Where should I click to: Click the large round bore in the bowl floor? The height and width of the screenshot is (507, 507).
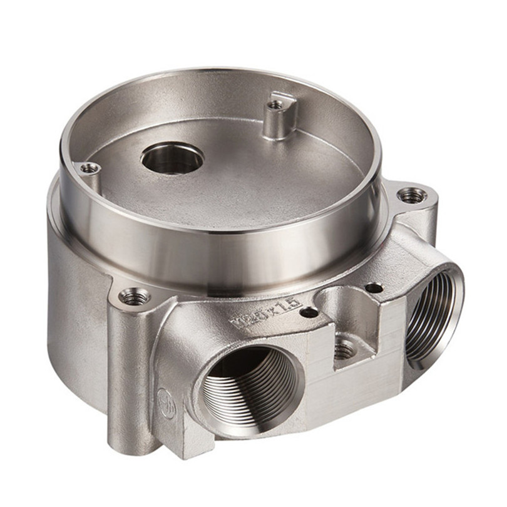(x=172, y=158)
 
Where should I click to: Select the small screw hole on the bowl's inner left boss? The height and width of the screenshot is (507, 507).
(x=90, y=168)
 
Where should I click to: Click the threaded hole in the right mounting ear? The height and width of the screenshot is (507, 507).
(x=412, y=196)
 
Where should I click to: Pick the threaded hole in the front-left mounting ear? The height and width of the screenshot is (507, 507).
(x=135, y=297)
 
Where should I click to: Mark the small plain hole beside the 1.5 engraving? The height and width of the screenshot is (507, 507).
(x=309, y=312)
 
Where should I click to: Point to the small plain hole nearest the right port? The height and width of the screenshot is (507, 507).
(x=374, y=288)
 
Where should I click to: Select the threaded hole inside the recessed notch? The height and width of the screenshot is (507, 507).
(x=344, y=350)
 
